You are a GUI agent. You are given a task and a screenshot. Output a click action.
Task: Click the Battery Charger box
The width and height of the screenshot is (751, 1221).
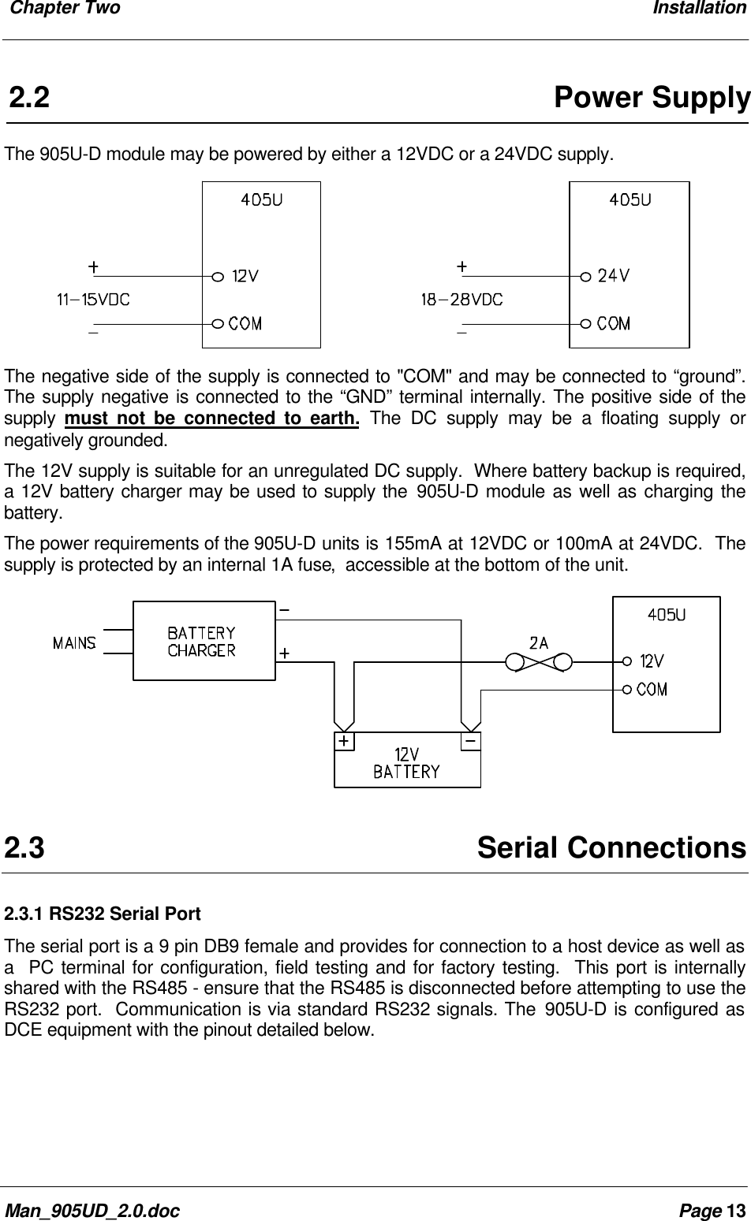[x=203, y=641]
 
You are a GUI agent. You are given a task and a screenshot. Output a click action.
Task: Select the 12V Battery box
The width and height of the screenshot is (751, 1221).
[x=407, y=761]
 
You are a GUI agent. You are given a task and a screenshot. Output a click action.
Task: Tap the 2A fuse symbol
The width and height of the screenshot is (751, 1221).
[x=540, y=661]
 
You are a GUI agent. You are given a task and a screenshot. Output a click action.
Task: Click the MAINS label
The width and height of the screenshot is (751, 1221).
[x=75, y=643]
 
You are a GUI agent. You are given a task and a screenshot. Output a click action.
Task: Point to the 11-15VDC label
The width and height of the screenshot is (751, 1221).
[x=93, y=300]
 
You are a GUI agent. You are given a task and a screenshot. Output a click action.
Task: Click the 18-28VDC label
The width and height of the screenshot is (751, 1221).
[x=461, y=300]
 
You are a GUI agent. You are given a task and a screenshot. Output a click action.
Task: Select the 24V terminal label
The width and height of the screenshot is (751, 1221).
[x=614, y=277]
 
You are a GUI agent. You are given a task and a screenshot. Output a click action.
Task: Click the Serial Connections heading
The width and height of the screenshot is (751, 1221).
[x=611, y=848]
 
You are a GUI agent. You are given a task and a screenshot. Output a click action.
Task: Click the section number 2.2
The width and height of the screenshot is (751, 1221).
[x=29, y=99]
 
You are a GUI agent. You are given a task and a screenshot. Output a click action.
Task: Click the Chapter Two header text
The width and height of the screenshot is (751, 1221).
[x=62, y=9]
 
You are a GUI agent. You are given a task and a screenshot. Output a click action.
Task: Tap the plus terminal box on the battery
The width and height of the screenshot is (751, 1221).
[x=345, y=742]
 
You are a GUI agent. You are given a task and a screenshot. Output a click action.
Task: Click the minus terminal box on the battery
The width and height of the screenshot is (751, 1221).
[x=470, y=742]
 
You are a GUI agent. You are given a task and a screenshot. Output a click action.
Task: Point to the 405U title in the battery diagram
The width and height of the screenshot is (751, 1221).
[x=667, y=616]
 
